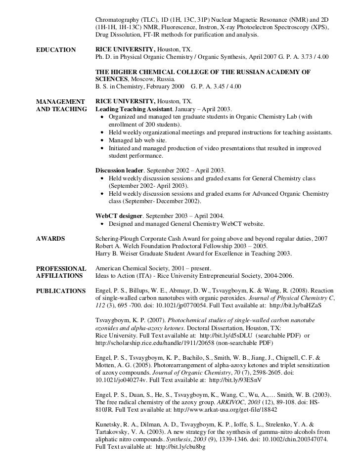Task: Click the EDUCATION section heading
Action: click(56, 50)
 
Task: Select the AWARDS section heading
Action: click(51, 238)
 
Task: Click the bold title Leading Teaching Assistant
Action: click(134, 109)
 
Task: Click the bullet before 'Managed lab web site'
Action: click(102, 140)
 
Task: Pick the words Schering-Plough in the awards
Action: click(118, 238)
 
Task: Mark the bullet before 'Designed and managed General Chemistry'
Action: click(102, 223)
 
